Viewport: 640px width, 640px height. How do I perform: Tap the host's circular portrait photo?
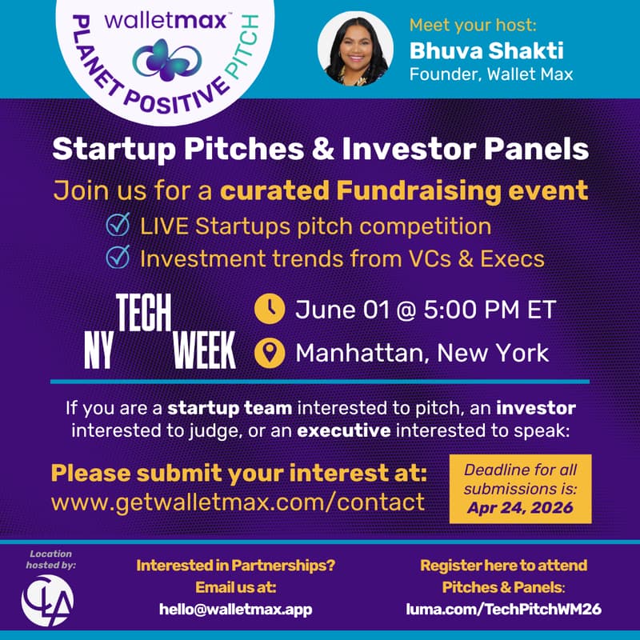click(x=355, y=48)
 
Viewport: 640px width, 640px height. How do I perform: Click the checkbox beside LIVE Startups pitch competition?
click(x=118, y=226)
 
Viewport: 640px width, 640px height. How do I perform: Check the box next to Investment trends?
click(x=118, y=258)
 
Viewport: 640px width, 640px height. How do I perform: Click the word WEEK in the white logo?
click(x=205, y=350)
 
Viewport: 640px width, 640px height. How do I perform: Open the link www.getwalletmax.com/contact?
click(x=238, y=502)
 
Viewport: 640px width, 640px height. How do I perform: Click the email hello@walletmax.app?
click(x=236, y=609)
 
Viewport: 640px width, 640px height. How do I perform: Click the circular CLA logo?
click(x=47, y=599)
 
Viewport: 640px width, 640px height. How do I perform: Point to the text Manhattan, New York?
click(x=422, y=352)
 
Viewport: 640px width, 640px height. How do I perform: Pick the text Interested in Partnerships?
click(x=236, y=566)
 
